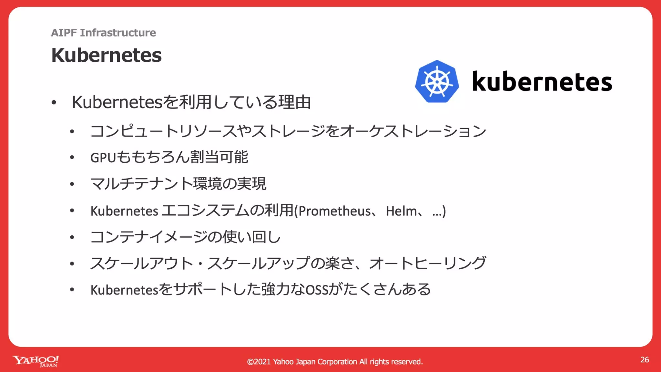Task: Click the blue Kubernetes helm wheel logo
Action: click(437, 81)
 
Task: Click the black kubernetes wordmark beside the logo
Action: click(542, 82)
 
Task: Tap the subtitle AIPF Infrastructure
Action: click(103, 33)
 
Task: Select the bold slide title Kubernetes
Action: click(106, 55)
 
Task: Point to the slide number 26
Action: click(645, 360)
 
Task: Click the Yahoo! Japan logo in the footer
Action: click(36, 361)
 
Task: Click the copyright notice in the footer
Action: click(335, 362)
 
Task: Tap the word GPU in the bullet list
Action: click(103, 158)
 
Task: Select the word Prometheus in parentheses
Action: click(334, 211)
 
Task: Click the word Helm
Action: click(401, 211)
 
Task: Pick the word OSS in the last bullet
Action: click(317, 290)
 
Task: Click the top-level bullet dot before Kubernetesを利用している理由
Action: click(54, 103)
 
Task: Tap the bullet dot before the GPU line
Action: click(72, 158)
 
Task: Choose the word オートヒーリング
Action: click(427, 263)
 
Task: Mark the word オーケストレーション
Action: click(413, 131)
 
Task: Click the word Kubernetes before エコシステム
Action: click(124, 211)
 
